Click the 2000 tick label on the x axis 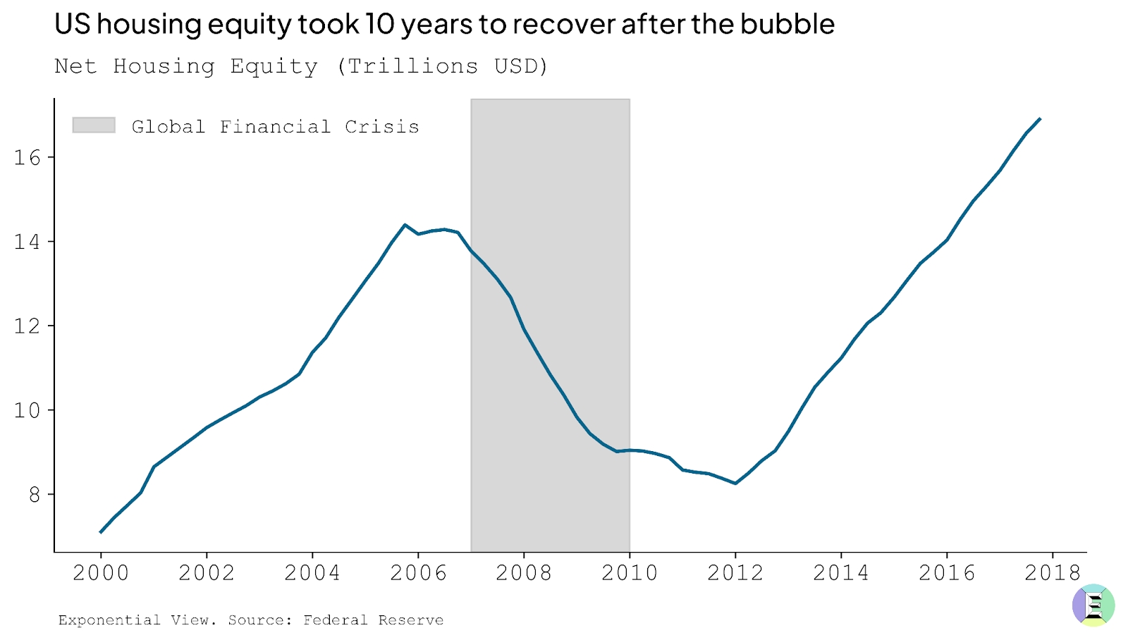point(101,573)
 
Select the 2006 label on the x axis point(418,573)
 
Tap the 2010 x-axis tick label point(630,573)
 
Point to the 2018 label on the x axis point(1053,573)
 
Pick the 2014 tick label point(841,573)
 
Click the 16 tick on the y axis point(27,157)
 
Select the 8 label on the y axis point(35,495)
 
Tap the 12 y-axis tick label point(27,326)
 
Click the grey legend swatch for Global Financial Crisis point(94,125)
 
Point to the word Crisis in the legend point(382,127)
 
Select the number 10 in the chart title point(380,25)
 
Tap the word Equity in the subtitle point(274,67)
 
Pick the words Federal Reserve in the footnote point(373,620)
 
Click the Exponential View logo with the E point(1093,605)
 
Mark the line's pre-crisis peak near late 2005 point(405,225)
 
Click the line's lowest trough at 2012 point(735,484)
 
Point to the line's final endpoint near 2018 point(1040,119)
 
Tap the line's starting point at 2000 point(101,532)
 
